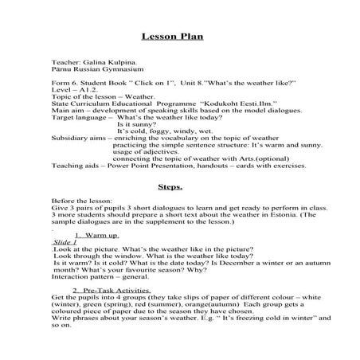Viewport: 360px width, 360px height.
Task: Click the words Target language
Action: point(76,117)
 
